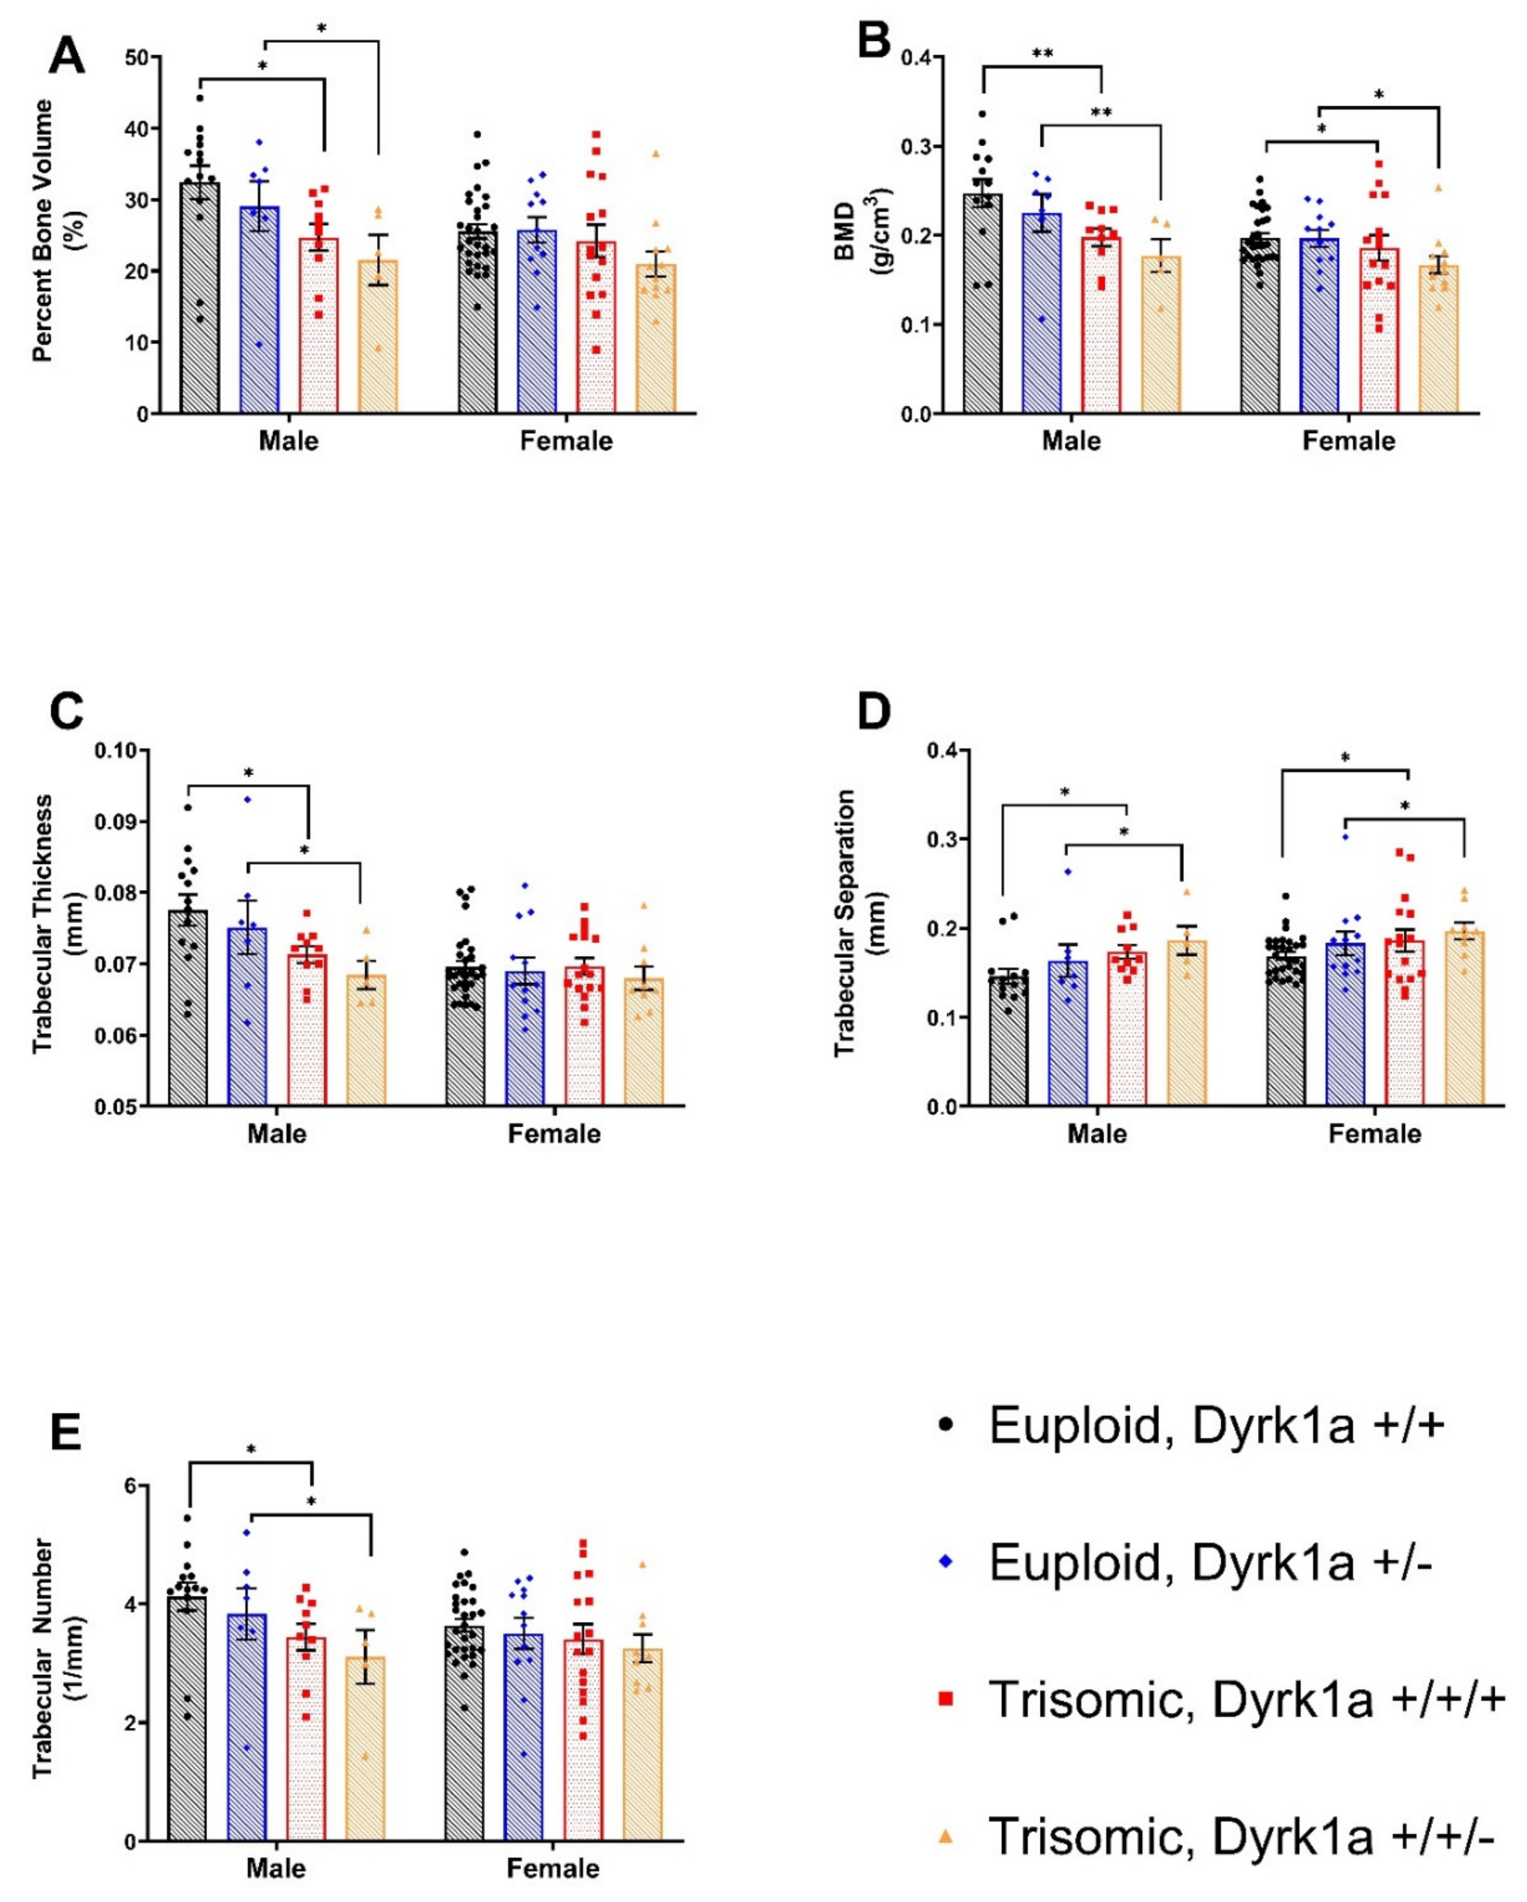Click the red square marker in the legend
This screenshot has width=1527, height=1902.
(946, 1699)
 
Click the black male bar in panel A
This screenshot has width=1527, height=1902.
(199, 300)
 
